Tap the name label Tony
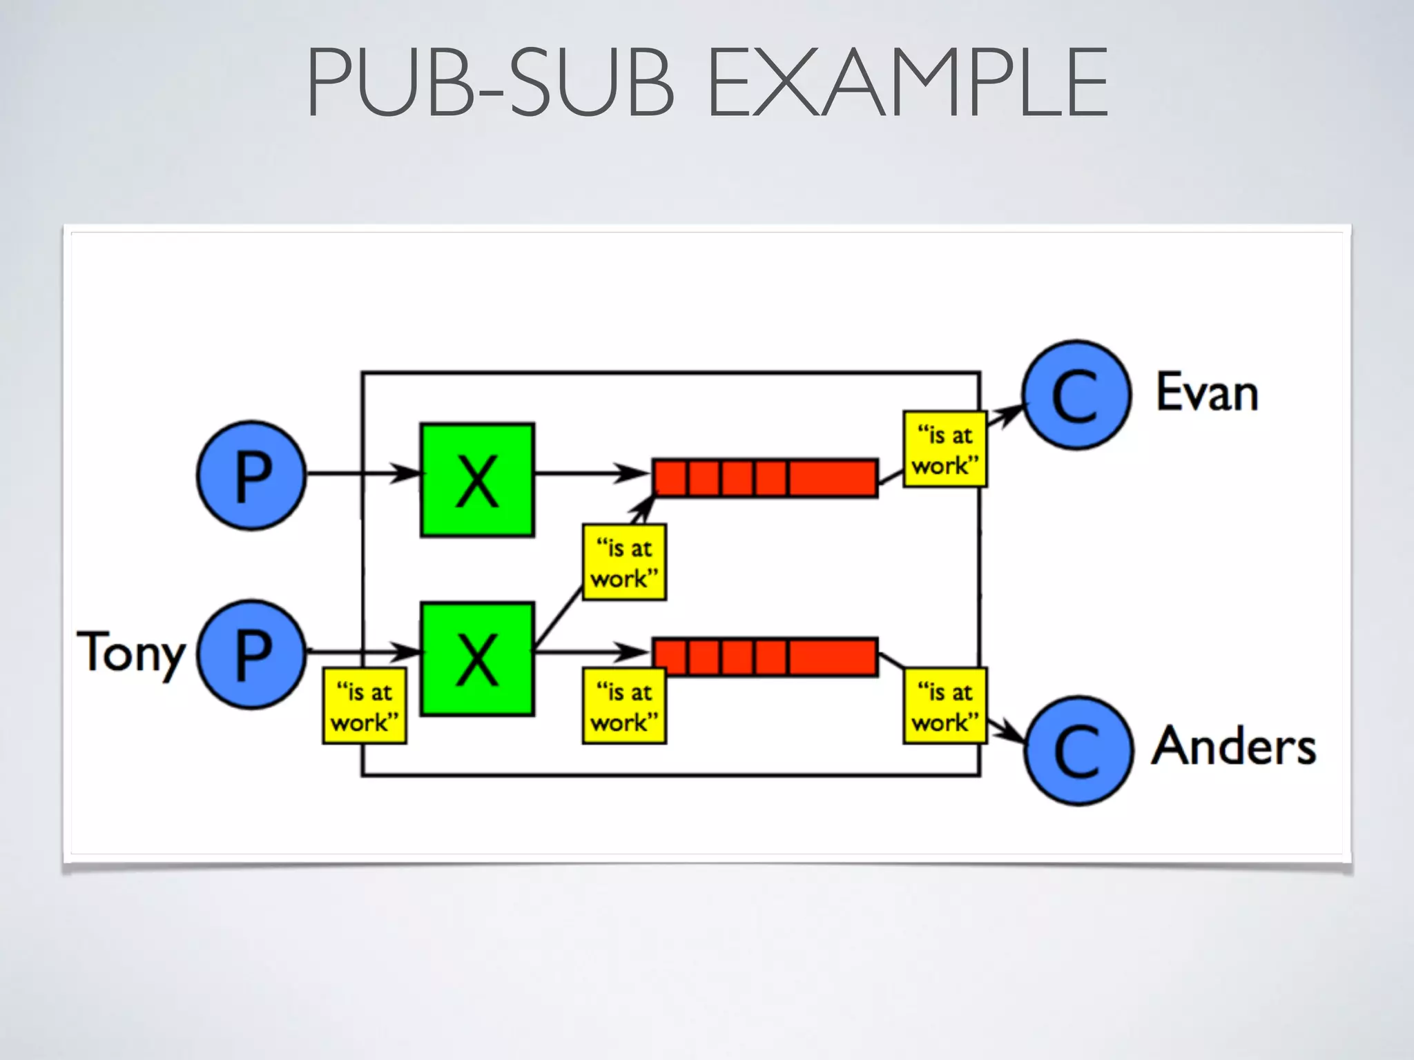pyautogui.click(x=131, y=652)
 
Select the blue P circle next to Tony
pyautogui.click(x=251, y=654)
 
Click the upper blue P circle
pyautogui.click(x=251, y=475)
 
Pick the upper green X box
pyautogui.click(x=477, y=480)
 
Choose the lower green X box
pyautogui.click(x=477, y=659)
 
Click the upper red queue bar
pyautogui.click(x=765, y=478)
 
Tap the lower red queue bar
pyautogui.click(x=765, y=656)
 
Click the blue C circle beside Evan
pyautogui.click(x=1076, y=395)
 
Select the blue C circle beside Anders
pyautogui.click(x=1078, y=750)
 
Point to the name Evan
pyautogui.click(x=1207, y=393)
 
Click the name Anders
pyautogui.click(x=1233, y=747)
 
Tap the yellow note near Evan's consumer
pyautogui.click(x=945, y=449)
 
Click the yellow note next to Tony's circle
pyautogui.click(x=365, y=705)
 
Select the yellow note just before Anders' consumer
pyautogui.click(x=945, y=705)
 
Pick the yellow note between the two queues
pyautogui.click(x=624, y=562)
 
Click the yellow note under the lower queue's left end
pyautogui.click(x=624, y=705)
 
